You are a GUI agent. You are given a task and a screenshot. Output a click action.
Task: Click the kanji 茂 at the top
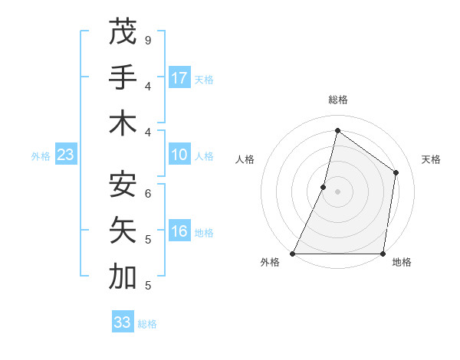[123, 32]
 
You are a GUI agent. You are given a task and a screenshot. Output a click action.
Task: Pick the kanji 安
[123, 185]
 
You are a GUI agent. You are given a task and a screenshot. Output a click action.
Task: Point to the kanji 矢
[123, 231]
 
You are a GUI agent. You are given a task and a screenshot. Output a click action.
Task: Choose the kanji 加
[123, 277]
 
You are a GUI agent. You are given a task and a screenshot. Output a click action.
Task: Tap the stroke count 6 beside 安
[147, 193]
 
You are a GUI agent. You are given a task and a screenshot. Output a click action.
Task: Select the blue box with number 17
[179, 78]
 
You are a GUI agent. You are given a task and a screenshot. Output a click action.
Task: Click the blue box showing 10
[179, 155]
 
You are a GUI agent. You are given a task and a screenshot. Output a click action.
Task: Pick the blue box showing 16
[179, 232]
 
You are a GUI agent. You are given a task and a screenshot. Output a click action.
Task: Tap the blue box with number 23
[66, 155]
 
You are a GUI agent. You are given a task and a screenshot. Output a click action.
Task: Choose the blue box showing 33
[123, 322]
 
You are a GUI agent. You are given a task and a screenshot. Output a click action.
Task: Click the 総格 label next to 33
[147, 324]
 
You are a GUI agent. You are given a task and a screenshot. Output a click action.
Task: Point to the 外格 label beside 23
[41, 156]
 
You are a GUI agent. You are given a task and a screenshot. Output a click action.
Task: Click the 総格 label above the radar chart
[337, 100]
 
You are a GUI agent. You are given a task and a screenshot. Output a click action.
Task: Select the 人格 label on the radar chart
[245, 159]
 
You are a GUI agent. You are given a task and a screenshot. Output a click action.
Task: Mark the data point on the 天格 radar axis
[396, 172]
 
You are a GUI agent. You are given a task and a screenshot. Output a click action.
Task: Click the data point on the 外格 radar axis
[293, 254]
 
